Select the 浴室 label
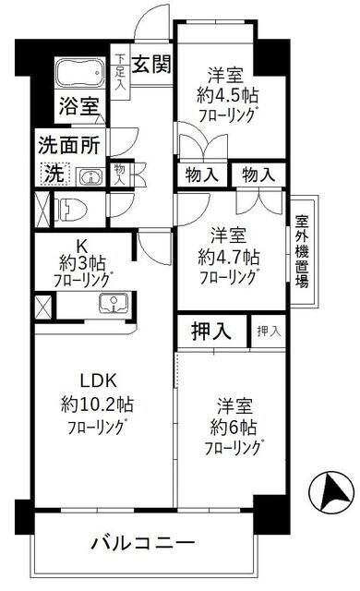tap(79, 105)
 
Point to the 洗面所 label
tap(67, 144)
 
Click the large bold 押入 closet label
tap(212, 332)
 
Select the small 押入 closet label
tap(268, 331)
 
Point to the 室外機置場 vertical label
tap(302, 252)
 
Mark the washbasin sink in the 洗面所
tap(90, 175)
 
